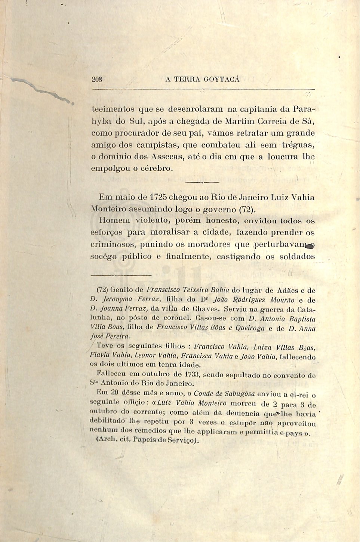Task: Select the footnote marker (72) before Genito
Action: (x=102, y=289)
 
